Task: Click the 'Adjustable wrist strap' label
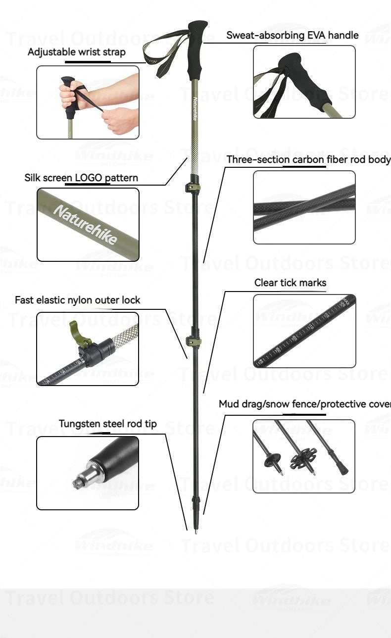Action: tap(76, 52)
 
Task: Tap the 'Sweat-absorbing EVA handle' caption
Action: tap(292, 35)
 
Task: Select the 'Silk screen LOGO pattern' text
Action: tap(81, 178)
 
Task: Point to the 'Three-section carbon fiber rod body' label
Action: tap(308, 159)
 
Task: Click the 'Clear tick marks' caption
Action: tap(290, 283)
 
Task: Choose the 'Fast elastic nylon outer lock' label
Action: tap(77, 300)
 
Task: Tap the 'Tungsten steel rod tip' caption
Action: tap(107, 424)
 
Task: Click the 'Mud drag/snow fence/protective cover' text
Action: tap(304, 404)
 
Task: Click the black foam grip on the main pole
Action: tap(196, 49)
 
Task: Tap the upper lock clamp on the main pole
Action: tap(193, 187)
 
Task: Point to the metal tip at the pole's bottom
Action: tap(196, 531)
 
